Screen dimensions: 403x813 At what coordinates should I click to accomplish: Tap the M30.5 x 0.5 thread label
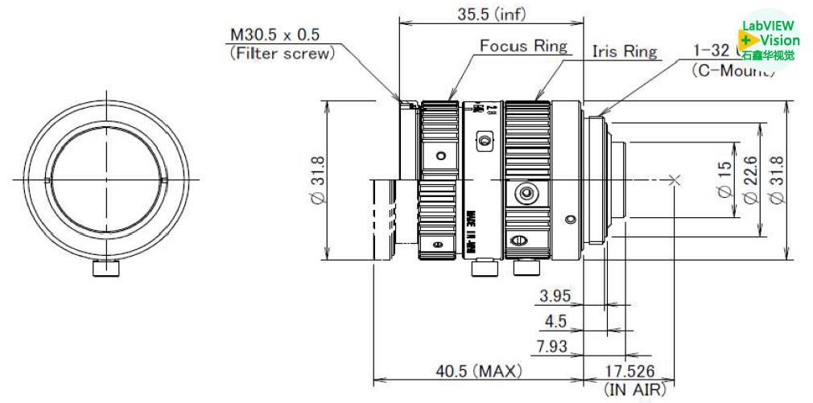click(274, 35)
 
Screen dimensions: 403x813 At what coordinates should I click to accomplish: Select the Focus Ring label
click(523, 46)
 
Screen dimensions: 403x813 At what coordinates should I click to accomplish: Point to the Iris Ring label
click(625, 51)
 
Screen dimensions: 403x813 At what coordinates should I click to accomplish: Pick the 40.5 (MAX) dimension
click(479, 372)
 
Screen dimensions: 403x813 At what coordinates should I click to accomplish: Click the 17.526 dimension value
click(629, 372)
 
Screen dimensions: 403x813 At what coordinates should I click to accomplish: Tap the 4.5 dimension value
click(555, 322)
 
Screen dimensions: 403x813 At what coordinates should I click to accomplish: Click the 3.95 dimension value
click(555, 297)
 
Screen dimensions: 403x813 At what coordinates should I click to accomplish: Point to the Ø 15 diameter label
click(724, 180)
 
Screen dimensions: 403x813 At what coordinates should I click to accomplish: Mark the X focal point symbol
click(675, 180)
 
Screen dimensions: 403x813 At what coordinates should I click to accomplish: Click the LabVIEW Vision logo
click(769, 40)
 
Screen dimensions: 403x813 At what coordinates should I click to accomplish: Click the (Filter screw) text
click(281, 54)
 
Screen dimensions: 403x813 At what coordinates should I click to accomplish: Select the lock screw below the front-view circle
click(106, 269)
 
